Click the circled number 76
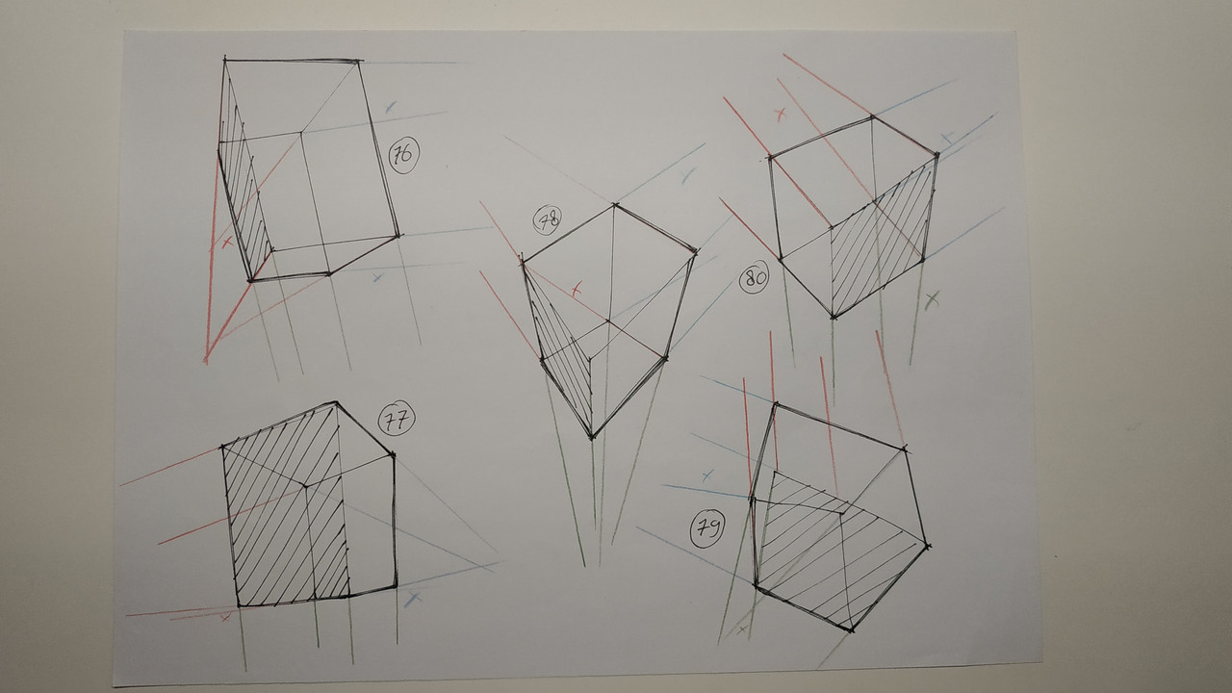pos(403,155)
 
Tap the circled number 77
pos(396,421)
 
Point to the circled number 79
pos(706,529)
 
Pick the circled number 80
pos(754,278)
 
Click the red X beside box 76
pos(226,242)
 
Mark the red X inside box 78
pos(576,290)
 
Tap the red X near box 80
pos(780,115)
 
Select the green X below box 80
pos(931,299)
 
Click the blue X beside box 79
pos(707,475)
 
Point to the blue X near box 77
pos(413,599)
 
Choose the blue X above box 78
pos(687,175)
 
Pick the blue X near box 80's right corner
pos(947,138)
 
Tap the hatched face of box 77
pos(286,511)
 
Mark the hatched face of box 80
pos(880,242)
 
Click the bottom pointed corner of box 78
pos(592,438)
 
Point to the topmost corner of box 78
pos(614,205)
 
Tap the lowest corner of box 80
pos(834,318)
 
